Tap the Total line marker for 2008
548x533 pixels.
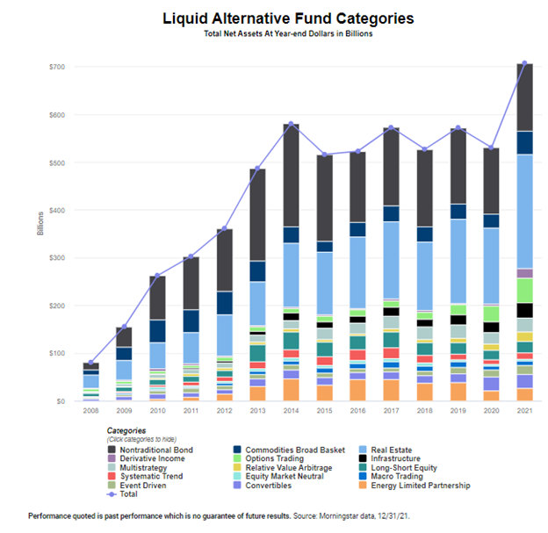(x=90, y=363)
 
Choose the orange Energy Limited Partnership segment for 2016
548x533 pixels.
(x=357, y=390)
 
